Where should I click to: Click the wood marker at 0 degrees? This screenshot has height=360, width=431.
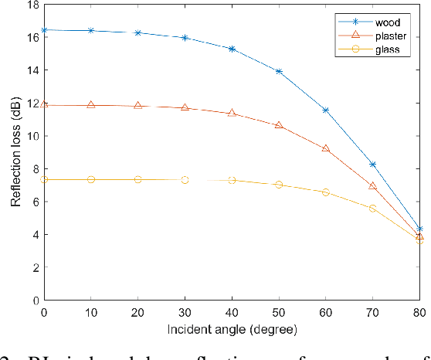coord(44,30)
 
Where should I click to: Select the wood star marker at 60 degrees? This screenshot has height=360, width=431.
coord(325,110)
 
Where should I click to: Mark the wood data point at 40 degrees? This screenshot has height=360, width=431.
coord(232,49)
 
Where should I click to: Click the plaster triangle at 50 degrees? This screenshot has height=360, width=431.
coord(279,124)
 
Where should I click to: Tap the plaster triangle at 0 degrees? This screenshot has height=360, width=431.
coord(44,104)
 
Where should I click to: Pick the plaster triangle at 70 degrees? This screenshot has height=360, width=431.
coord(372,185)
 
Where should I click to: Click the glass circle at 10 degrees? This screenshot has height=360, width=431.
coord(91,179)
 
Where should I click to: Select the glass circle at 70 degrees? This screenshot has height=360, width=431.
coord(372,209)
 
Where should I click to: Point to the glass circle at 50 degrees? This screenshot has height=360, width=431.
coord(279,185)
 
